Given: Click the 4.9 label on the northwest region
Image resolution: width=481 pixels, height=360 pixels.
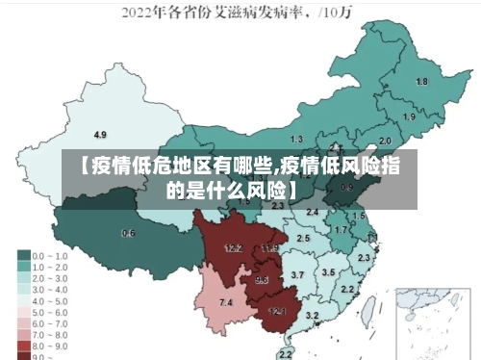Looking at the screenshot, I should pos(100,134).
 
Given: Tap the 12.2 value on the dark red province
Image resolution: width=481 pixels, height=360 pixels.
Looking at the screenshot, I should pos(233,247).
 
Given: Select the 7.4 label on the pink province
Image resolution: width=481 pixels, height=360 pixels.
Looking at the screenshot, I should pos(226,302).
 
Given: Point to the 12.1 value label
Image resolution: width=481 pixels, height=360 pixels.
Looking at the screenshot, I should pos(277,311).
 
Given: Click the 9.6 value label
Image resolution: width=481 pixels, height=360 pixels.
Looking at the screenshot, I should pos(262,280).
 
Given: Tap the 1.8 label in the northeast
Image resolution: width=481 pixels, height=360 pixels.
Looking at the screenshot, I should pos(421,81).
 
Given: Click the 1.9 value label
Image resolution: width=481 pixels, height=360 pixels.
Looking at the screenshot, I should pos(409,116).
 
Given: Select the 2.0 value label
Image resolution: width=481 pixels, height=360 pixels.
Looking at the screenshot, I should pos(385,141).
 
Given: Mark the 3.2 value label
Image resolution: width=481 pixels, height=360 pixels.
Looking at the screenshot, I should pos(312,315).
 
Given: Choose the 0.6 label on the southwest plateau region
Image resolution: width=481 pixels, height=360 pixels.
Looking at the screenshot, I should pos(129,233).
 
